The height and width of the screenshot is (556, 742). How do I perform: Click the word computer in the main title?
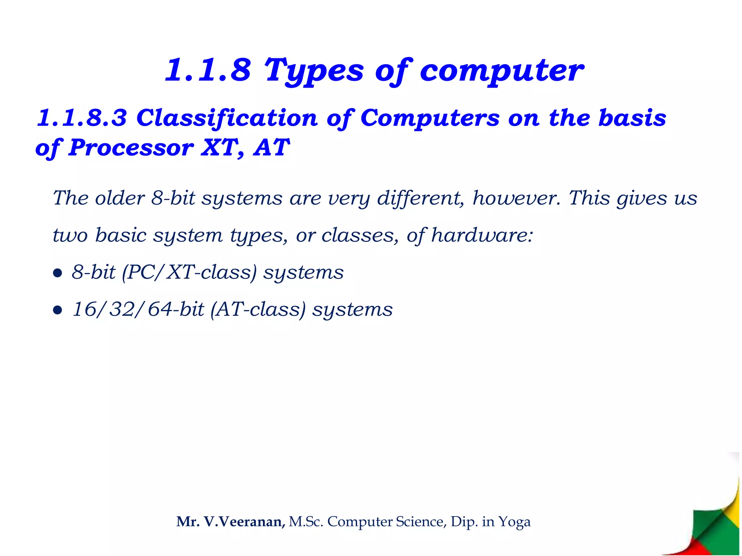pyautogui.click(x=501, y=71)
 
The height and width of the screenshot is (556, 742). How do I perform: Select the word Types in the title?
pyautogui.click(x=314, y=71)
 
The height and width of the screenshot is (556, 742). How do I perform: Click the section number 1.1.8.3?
pyautogui.click(x=82, y=118)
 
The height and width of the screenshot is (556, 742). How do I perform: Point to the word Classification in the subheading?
pyautogui.click(x=227, y=119)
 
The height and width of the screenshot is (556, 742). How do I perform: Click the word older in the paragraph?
pyautogui.click(x=120, y=198)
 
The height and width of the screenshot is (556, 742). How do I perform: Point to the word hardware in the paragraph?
pyautogui.click(x=482, y=235)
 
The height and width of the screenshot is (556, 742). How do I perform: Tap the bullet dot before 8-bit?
pyautogui.click(x=57, y=273)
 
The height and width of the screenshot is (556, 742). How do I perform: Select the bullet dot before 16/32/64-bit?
pyautogui.click(x=57, y=310)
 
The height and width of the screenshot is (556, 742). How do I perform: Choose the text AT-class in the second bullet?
pyautogui.click(x=258, y=310)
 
